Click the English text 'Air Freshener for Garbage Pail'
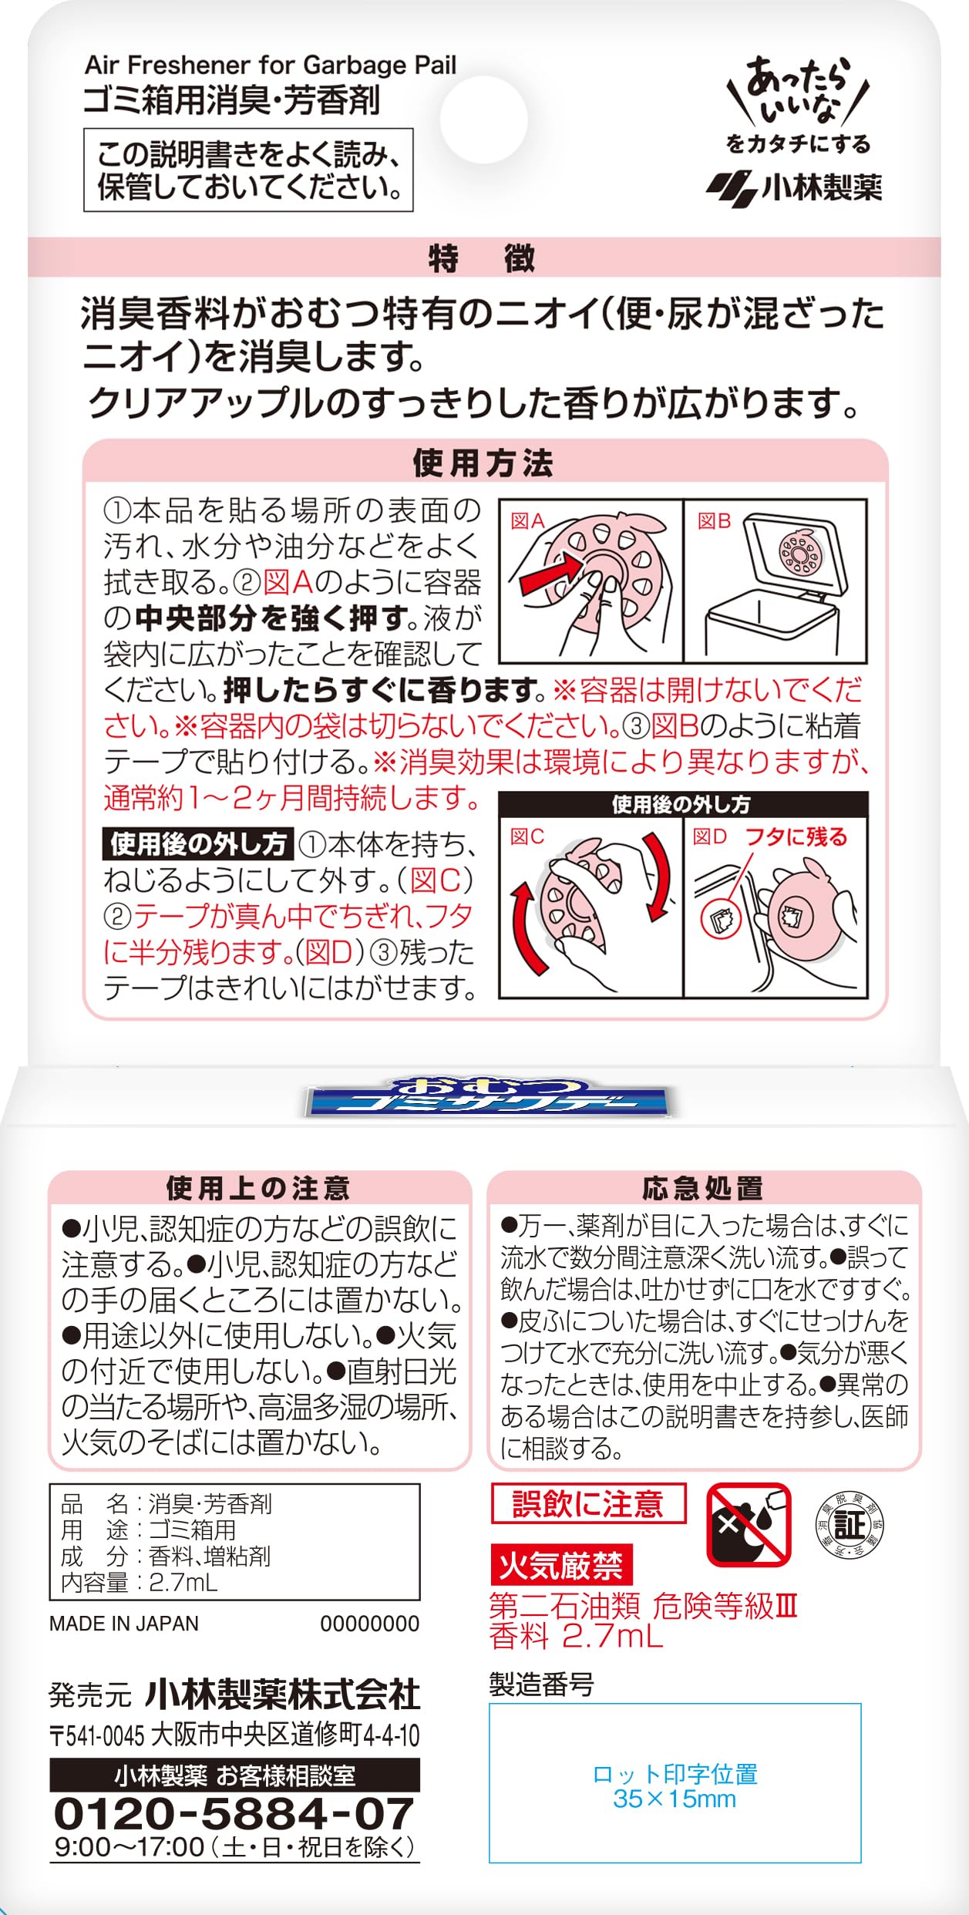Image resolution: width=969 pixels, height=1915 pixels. pos(271,66)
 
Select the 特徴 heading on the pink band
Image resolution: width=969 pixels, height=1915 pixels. pos(482,258)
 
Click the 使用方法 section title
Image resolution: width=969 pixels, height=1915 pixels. pos(483,463)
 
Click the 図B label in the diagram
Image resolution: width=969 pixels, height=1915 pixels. pos(714,521)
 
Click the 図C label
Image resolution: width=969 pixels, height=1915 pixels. pos(527,836)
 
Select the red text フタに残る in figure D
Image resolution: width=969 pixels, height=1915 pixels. pos(796,836)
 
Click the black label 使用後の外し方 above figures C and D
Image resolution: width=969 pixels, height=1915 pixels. pos(681,805)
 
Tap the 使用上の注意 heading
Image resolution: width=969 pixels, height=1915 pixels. pos(258,1188)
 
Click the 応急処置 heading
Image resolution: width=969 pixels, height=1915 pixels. pos(702,1188)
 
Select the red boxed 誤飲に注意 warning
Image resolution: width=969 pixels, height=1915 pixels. pos(588,1504)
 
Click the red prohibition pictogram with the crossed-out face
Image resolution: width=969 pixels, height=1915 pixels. pos(749,1524)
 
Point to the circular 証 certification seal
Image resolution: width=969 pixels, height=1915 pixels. pos(850,1526)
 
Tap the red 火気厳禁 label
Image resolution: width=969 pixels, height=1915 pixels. pos(561,1565)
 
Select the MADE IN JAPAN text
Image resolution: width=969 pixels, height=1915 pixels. pos(124,1624)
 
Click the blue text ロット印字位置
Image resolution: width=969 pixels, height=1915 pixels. pos(675,1774)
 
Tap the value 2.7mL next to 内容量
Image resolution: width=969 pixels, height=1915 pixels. pos(183,1583)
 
